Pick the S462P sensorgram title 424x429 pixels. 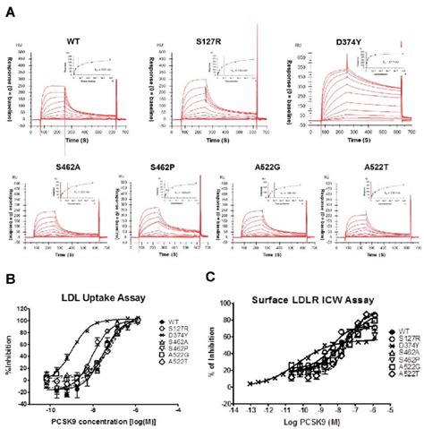[157, 165]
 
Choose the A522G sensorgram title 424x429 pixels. [262, 165]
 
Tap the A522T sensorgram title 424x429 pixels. [365, 165]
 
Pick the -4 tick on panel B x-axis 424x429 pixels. [182, 409]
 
